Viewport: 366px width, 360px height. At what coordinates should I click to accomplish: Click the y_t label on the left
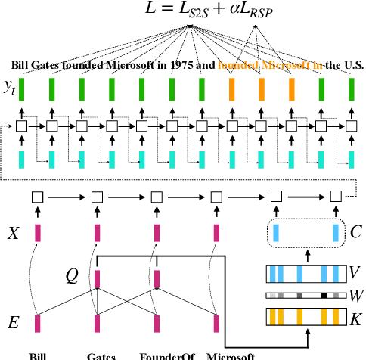pyautogui.click(x=9, y=88)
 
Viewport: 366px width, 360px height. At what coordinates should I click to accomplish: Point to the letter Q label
pyautogui.click(x=73, y=277)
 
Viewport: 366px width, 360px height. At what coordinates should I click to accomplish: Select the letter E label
pyautogui.click(x=12, y=324)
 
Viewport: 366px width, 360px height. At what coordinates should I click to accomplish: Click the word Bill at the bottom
pyautogui.click(x=38, y=355)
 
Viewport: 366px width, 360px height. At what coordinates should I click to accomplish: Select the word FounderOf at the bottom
pyautogui.click(x=161, y=355)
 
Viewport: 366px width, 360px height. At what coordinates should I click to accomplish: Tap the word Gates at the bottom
pyautogui.click(x=101, y=355)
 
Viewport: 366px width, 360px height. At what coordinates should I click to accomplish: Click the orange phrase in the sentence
pyautogui.click(x=270, y=65)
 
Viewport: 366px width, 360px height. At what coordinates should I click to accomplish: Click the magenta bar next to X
pyautogui.click(x=37, y=232)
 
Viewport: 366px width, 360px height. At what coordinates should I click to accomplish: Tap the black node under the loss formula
pyautogui.click(x=189, y=27)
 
